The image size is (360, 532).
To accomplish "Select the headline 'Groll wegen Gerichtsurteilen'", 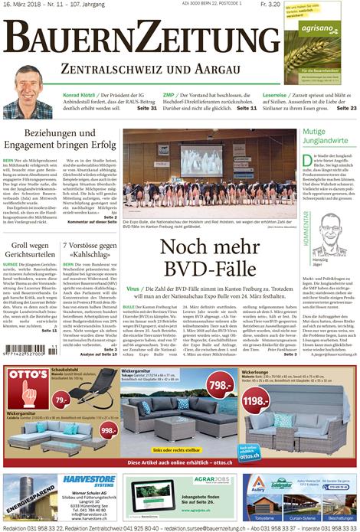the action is (30, 250).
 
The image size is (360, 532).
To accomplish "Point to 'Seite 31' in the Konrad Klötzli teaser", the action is (146, 108).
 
